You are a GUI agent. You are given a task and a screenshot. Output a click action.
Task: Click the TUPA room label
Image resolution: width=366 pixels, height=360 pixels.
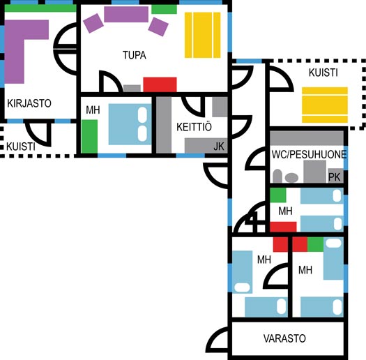point(135,55)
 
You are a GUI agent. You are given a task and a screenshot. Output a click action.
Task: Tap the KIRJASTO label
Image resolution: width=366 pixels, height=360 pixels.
point(29,103)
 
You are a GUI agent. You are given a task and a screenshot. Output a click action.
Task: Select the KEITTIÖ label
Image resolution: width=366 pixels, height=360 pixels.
point(194,127)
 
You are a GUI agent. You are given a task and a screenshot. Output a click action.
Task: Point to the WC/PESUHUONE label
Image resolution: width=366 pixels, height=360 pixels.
point(309,155)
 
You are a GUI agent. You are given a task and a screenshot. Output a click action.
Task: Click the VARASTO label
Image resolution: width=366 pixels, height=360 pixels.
point(284,338)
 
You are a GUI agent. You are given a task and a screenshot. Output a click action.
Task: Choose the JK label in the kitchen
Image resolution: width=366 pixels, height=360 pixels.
point(219,147)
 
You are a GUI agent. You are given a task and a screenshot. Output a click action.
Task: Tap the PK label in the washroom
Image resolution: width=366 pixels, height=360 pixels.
point(334,177)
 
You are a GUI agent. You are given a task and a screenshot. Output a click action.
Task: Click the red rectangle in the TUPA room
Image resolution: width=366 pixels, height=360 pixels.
point(160,84)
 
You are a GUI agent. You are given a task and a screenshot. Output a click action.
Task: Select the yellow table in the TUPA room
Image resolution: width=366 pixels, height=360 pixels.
point(203,35)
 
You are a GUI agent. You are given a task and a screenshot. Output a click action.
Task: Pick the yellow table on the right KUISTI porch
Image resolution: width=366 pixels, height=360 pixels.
point(325,105)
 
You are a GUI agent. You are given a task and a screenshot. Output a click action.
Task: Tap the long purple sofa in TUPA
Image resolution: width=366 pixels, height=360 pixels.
point(126,14)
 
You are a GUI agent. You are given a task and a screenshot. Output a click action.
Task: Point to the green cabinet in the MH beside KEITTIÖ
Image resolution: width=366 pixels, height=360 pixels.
point(89,137)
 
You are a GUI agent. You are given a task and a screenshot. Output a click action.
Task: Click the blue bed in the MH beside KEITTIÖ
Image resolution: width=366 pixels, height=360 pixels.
point(130,124)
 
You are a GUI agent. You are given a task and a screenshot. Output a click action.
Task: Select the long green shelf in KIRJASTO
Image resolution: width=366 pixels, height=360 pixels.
point(40,8)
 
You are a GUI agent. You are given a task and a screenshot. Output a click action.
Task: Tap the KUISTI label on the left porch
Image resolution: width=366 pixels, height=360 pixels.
point(21,147)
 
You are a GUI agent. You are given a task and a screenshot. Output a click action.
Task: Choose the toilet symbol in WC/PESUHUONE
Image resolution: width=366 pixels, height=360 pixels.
point(277,176)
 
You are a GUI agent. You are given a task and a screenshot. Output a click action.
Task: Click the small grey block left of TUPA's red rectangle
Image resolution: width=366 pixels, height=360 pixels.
point(132,89)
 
